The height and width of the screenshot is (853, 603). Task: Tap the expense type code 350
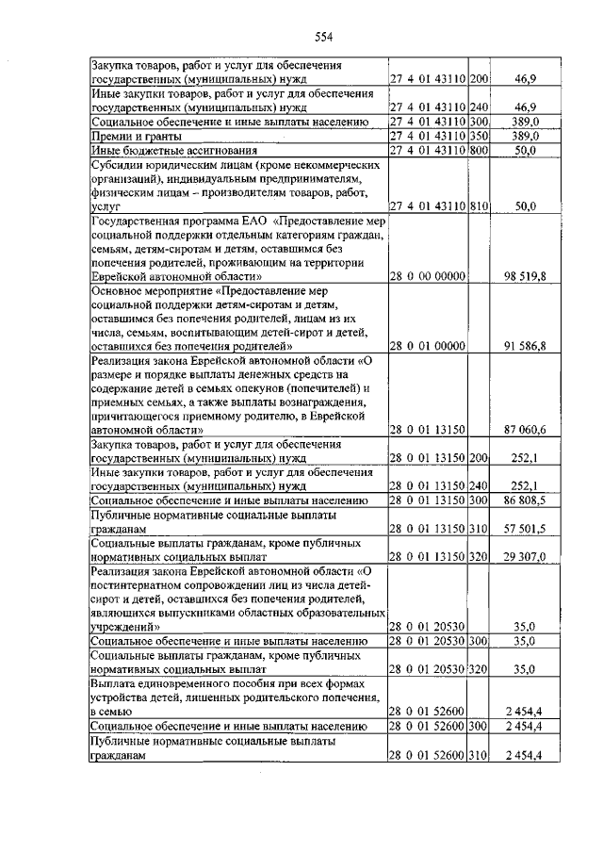[x=480, y=136]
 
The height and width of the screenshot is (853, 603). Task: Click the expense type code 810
[x=480, y=205]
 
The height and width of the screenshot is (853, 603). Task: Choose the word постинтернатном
[x=141, y=584]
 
